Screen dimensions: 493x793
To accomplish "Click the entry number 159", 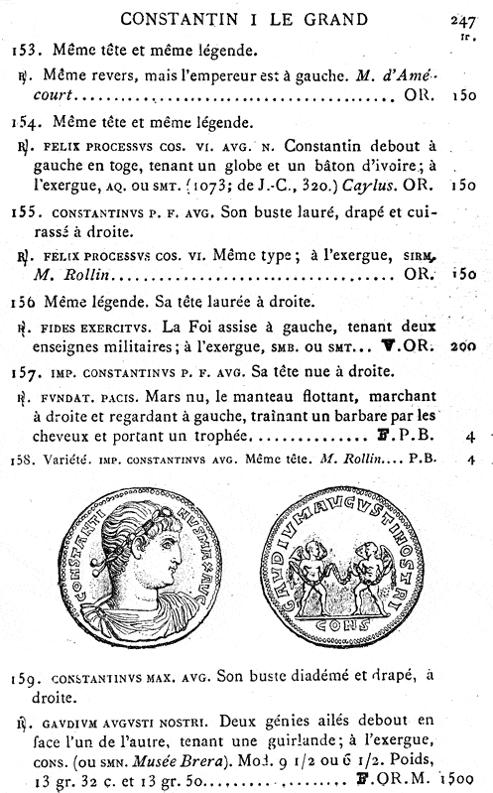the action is [23, 679].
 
